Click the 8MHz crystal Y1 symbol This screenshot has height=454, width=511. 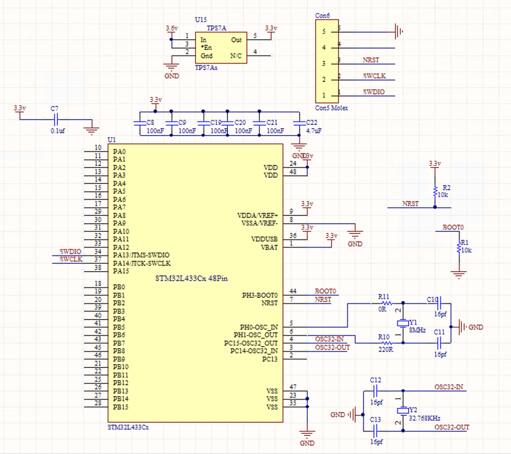tap(403, 323)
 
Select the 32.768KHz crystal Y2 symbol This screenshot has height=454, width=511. tap(403, 411)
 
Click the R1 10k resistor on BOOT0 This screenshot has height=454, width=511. tap(459, 248)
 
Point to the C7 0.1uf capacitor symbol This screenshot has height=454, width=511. tap(55, 119)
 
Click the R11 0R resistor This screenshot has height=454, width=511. tap(386, 303)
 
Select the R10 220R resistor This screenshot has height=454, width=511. tap(386, 343)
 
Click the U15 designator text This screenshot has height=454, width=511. tap(201, 20)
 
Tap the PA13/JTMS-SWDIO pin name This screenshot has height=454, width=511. tap(141, 255)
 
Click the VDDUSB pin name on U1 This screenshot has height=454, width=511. tap(264, 239)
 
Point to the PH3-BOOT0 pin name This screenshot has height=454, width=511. tap(259, 295)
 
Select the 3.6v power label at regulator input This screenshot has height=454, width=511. tap(172, 28)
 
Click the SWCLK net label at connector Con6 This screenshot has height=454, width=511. tap(374, 76)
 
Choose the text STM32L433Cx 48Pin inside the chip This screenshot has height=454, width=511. tap(191, 279)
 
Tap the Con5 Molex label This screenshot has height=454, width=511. tap(332, 108)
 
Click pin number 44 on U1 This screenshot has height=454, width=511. tap(293, 291)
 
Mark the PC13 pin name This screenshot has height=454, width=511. tap(270, 359)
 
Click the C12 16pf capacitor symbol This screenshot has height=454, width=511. tap(375, 391)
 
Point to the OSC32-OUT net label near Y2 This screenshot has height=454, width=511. tap(452, 427)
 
